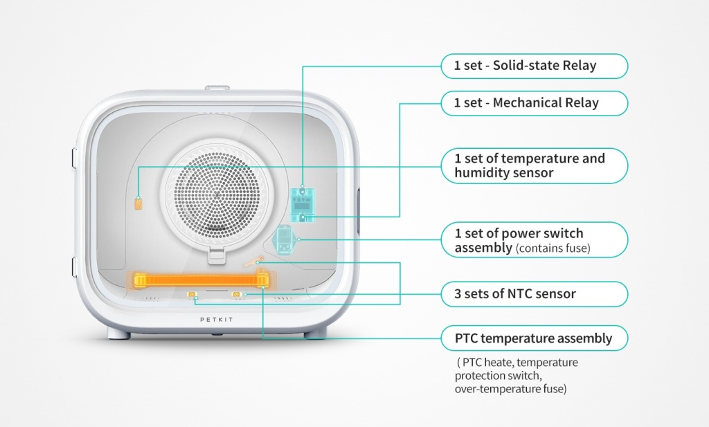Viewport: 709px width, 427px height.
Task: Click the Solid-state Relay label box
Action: click(535, 66)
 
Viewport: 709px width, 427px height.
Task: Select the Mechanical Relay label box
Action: click(535, 103)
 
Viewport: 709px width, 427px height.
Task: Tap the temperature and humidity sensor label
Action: click(535, 165)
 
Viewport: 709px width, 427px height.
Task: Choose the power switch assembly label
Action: click(535, 240)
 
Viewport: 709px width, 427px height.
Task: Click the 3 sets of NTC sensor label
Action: click(535, 294)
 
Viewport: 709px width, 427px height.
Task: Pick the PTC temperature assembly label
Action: click(535, 338)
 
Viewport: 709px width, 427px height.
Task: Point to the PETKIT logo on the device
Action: click(217, 320)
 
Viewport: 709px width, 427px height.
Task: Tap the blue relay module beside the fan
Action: click(302, 205)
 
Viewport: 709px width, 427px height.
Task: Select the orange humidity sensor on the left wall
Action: click(138, 203)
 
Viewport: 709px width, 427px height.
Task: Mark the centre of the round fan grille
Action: click(217, 195)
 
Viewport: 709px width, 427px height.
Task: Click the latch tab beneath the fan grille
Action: click(217, 255)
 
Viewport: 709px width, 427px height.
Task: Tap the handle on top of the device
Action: click(217, 88)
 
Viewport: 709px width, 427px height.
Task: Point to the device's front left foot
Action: click(119, 334)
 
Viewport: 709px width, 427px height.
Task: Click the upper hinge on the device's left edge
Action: click(74, 158)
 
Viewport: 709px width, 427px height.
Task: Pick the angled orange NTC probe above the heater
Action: click(253, 262)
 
